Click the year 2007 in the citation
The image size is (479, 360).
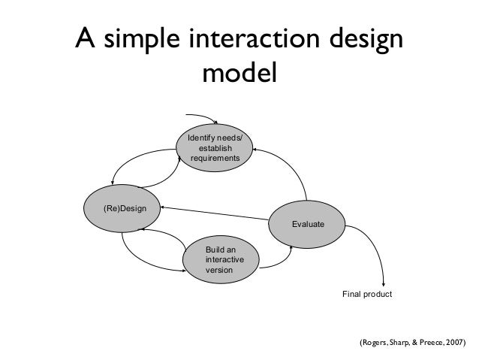coord(453,343)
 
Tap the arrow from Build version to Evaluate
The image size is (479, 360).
coord(282,259)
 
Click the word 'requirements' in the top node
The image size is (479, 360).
coord(215,159)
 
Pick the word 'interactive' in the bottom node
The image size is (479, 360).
coord(223,259)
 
